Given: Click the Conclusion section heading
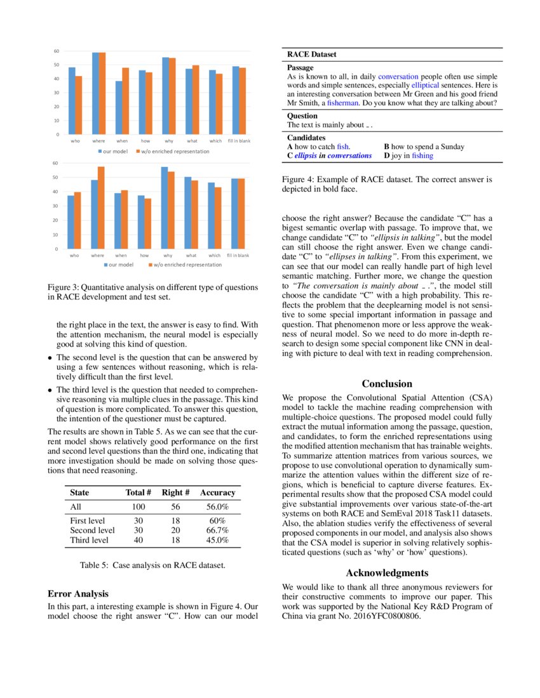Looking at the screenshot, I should [387, 384].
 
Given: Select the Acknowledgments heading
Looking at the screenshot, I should [387, 573].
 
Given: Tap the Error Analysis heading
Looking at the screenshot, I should [78, 594].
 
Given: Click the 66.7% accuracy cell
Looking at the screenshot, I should [217, 530].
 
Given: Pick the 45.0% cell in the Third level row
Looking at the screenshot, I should [217, 541].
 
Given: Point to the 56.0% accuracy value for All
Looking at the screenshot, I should [217, 507].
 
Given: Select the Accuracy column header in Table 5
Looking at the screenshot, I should [217, 492].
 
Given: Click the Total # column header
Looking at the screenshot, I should [138, 492].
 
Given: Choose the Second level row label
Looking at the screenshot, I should [93, 530].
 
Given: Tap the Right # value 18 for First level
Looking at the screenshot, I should [176, 521].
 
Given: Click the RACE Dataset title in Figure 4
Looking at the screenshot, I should [312, 55].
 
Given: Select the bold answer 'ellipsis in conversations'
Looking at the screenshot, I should [332, 155].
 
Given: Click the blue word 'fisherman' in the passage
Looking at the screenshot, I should [343, 103].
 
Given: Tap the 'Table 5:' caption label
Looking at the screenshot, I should [95, 564].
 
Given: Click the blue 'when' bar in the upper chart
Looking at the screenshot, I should [119, 107].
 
